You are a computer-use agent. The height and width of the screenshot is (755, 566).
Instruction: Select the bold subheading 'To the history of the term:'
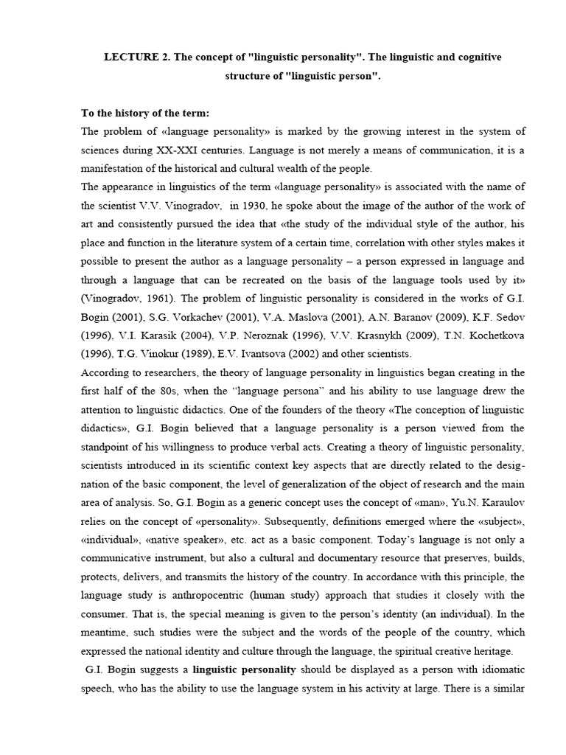click(145, 113)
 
